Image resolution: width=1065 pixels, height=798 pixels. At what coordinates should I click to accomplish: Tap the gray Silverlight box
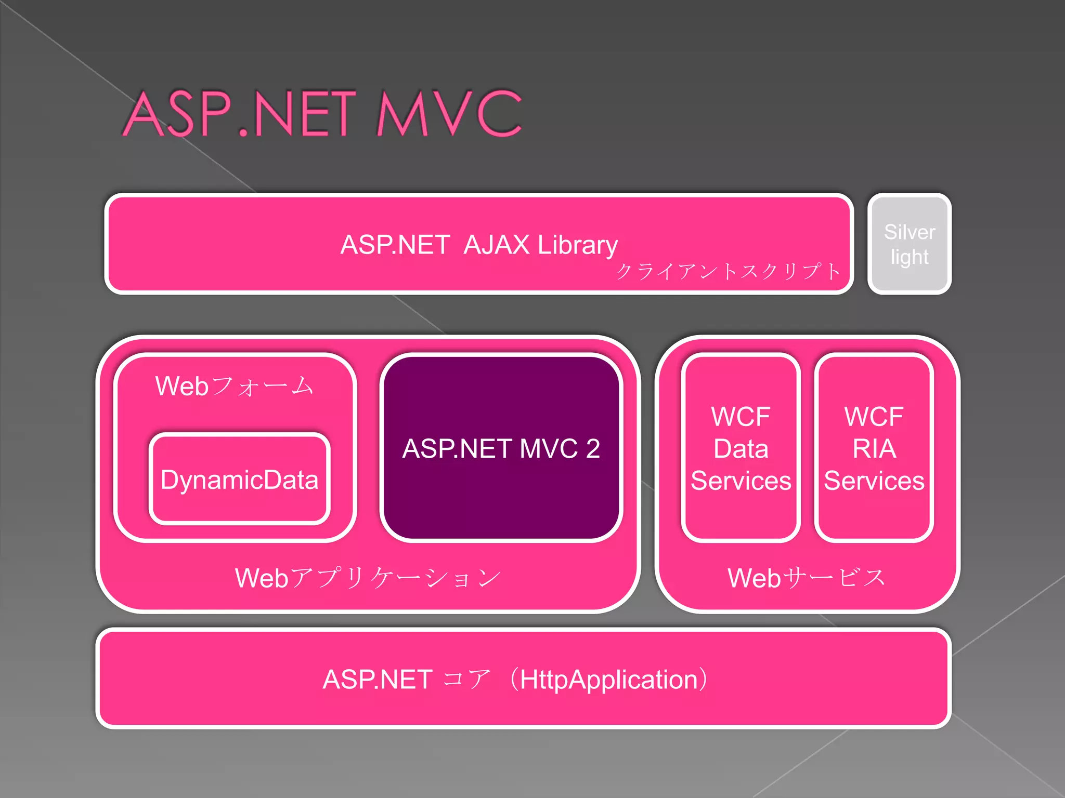(909, 244)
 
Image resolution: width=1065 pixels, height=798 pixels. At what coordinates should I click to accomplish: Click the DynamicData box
(239, 480)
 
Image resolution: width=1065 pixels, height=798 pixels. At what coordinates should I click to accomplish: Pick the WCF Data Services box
(741, 448)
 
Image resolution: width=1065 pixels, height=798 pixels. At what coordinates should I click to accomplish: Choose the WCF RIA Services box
(874, 448)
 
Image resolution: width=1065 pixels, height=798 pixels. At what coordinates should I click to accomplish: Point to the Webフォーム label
(234, 386)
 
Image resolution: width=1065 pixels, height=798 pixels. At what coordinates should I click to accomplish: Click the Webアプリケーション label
(367, 578)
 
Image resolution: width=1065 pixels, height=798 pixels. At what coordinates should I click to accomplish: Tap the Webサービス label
(806, 578)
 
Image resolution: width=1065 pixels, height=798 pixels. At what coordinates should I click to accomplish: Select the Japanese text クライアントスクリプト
(728, 271)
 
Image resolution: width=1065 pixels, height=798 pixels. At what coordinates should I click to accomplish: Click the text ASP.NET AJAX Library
(478, 245)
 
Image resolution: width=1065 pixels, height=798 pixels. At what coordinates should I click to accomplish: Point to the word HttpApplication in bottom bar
(608, 680)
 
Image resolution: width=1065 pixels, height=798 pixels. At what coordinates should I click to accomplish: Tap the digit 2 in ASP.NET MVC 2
(593, 448)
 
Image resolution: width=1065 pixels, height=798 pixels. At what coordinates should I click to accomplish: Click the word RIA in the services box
(874, 448)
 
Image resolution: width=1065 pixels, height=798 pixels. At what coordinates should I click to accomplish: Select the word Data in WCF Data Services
(741, 448)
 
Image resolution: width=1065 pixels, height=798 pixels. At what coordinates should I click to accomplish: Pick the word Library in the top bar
(577, 245)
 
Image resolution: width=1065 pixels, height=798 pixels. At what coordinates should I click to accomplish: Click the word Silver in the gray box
(909, 232)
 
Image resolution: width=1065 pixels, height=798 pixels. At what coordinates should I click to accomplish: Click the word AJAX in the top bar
(496, 245)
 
